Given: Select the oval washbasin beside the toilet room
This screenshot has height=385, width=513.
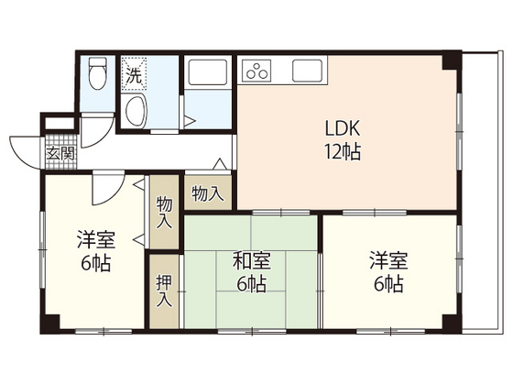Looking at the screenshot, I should coord(135,114).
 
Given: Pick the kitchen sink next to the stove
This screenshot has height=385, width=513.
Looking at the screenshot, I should coord(306,71).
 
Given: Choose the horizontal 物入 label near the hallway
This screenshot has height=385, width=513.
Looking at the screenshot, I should coord(206,193).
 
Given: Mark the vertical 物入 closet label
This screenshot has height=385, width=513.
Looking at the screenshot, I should coord(163,212).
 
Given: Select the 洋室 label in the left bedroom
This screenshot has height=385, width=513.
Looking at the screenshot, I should coord(95,241).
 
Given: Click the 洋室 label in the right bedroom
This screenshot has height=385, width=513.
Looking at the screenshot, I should coord(387,260).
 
